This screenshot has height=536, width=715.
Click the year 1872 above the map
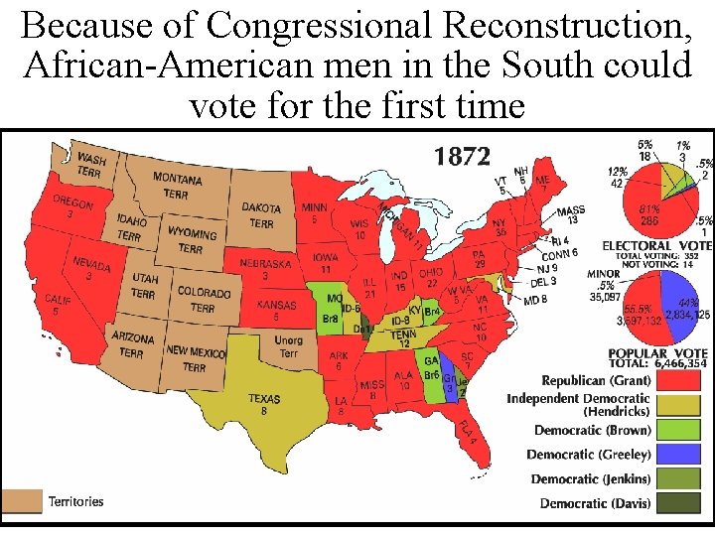[x=462, y=157]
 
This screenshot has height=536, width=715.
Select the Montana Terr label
[x=177, y=185]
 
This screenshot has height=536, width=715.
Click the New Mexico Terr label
[x=195, y=357]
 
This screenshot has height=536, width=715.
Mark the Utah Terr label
[x=143, y=287]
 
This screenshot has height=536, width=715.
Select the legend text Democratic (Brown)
[x=593, y=430]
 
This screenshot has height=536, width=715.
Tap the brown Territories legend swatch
[x=22, y=501]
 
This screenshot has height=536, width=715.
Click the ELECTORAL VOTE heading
[x=656, y=245]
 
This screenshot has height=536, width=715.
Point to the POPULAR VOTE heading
[x=657, y=353]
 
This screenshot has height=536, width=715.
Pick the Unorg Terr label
[x=288, y=347]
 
